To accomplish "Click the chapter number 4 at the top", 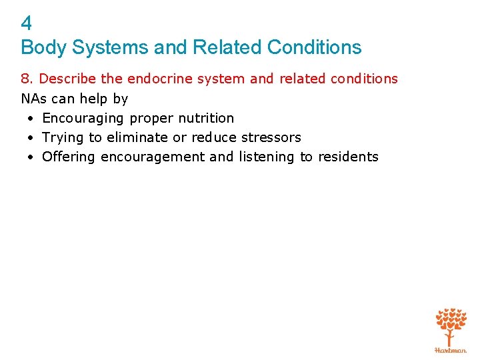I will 27,24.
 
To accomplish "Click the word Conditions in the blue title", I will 314,48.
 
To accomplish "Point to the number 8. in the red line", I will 28,79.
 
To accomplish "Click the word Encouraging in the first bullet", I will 83,118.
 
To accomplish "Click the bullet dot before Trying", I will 31,138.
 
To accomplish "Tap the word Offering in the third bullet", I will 68,157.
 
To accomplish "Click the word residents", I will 348,157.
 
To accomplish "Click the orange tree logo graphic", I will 451,325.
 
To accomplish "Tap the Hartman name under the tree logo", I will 451,349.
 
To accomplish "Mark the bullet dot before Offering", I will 31,157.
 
